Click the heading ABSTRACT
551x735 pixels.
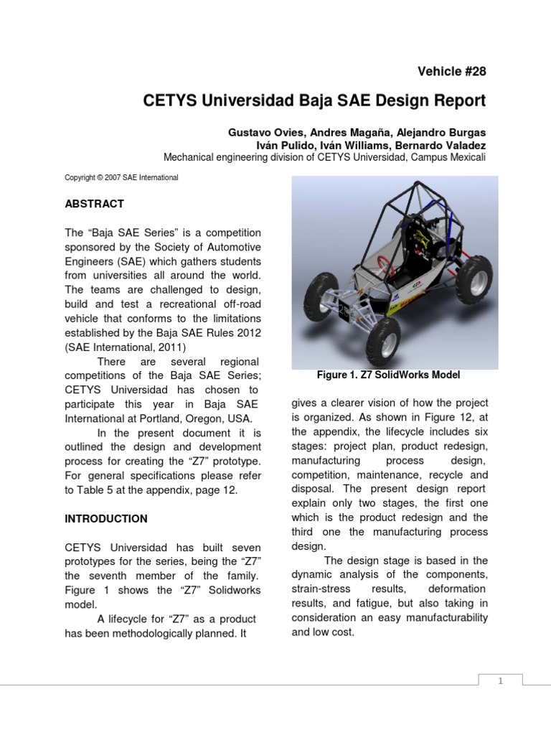pos(94,204)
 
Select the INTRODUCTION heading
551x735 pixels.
pos(106,519)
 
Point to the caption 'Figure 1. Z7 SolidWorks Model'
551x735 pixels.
pos(388,375)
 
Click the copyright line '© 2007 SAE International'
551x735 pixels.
pos(121,177)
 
